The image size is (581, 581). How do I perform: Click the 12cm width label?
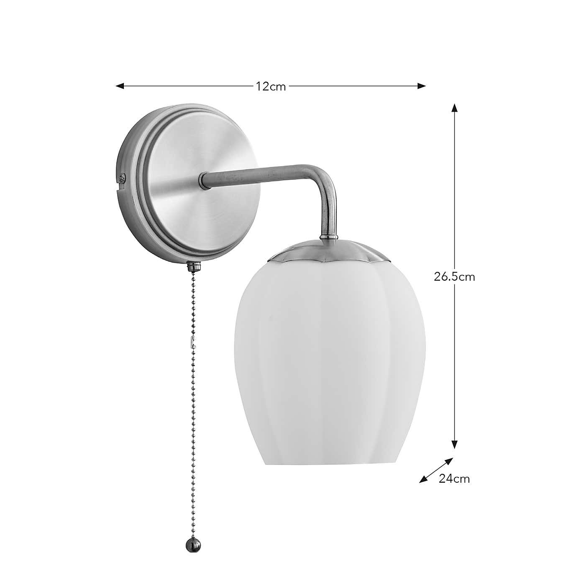pyautogui.click(x=271, y=87)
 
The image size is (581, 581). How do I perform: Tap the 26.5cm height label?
pyautogui.click(x=454, y=276)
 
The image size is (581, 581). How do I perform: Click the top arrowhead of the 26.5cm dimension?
pyautogui.click(x=455, y=107)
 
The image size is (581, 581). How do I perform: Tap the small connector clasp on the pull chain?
pyautogui.click(x=192, y=342)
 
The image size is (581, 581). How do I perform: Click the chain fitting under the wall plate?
pyautogui.click(x=193, y=266)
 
